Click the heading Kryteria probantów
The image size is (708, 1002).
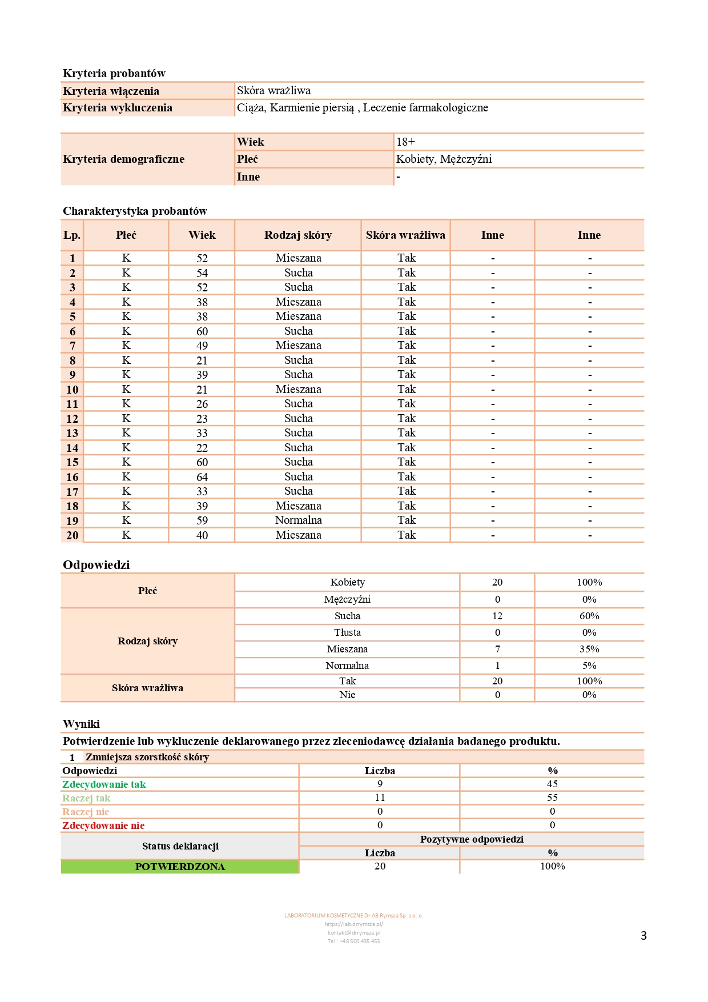pos(114,73)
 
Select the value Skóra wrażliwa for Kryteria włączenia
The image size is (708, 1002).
pos(274,90)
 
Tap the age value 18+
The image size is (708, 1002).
pos(406,142)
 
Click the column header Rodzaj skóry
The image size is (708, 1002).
pos(298,235)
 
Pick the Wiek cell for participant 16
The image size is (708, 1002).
pos(202,477)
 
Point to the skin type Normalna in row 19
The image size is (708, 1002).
pos(298,520)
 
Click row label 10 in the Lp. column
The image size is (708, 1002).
pos(73,390)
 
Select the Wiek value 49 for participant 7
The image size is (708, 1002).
pos(202,346)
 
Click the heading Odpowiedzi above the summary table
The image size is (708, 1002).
pos(96,564)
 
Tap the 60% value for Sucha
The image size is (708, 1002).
pos(589,616)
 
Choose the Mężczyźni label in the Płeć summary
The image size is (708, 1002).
pos(347,599)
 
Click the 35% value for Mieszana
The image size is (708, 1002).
pos(589,649)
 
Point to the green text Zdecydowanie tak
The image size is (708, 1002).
pos(104,784)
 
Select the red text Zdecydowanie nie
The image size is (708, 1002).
pos(103,825)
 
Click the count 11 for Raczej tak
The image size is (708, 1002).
pos(380,798)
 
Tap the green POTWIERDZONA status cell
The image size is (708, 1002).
pos(180,867)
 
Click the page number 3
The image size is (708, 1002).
pos(643,936)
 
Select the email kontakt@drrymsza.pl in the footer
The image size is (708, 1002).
pos(354,933)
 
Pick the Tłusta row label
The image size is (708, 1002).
pos(347,632)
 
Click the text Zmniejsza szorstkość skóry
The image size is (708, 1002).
pos(147,757)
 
